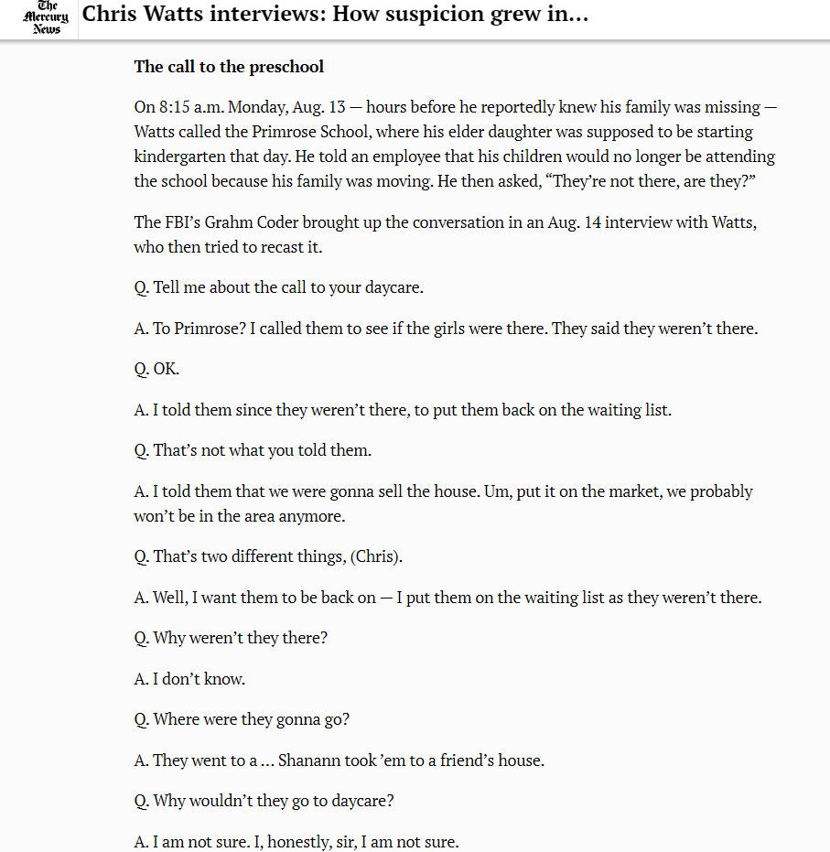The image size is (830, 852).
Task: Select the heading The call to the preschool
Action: [x=229, y=67]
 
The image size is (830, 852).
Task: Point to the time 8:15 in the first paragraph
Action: [x=175, y=107]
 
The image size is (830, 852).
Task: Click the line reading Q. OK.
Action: [x=156, y=370]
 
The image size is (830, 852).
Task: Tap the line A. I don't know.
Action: [x=189, y=680]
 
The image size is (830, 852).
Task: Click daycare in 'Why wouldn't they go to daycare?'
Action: [x=361, y=801]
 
